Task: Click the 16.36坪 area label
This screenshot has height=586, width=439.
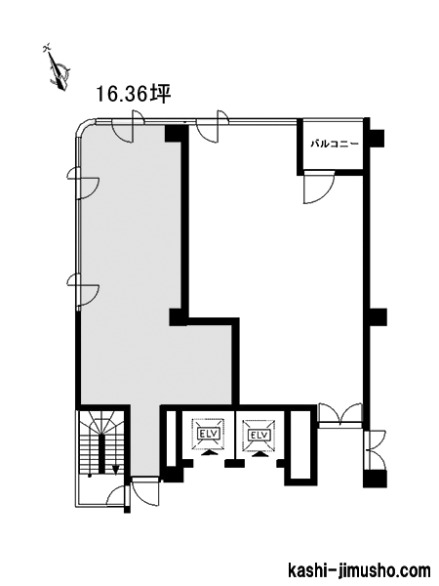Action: click(x=134, y=94)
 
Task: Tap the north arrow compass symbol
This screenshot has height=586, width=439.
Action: click(x=58, y=68)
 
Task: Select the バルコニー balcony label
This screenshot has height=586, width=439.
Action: click(x=335, y=144)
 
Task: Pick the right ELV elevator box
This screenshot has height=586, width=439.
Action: click(x=259, y=435)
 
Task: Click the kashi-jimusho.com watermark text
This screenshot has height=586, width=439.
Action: click(x=360, y=571)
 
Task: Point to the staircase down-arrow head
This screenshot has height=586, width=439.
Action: click(x=116, y=469)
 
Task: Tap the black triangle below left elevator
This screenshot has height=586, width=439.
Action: click(x=210, y=453)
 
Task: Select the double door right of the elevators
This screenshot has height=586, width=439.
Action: click(x=341, y=414)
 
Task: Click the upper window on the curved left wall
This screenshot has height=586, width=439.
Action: click(x=83, y=183)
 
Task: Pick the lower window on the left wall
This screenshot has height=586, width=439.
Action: click(x=83, y=290)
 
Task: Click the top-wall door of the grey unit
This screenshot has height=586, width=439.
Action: click(x=128, y=126)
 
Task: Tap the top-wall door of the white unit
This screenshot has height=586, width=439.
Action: click(x=213, y=126)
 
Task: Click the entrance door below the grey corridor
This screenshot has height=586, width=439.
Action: click(x=145, y=491)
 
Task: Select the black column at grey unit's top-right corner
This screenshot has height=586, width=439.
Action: click(x=177, y=134)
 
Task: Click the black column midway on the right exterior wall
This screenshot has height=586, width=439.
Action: click(x=376, y=316)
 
